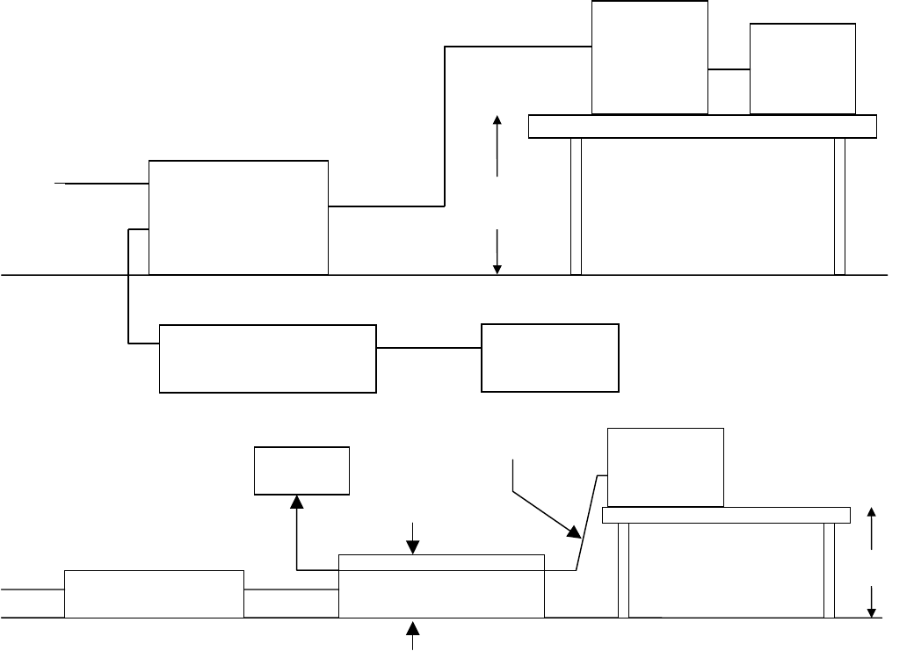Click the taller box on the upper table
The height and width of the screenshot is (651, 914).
click(649, 57)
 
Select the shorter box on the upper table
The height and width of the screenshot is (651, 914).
click(802, 69)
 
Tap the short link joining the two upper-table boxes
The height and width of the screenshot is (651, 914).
click(729, 69)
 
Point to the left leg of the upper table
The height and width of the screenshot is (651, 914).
click(576, 206)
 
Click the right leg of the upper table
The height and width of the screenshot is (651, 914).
click(839, 206)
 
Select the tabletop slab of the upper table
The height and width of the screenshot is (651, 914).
click(702, 127)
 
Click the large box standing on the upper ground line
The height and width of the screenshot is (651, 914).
click(238, 218)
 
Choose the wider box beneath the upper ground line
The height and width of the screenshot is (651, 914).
click(267, 358)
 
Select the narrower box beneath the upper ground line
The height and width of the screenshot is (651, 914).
click(550, 358)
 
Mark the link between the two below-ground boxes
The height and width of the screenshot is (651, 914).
click(429, 348)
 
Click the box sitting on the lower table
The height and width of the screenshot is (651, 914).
click(665, 467)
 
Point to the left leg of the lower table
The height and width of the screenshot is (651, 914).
click(623, 569)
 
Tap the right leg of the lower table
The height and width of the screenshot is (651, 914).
click(829, 569)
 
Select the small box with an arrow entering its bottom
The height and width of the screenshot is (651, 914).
click(301, 470)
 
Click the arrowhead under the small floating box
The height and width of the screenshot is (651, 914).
click(297, 501)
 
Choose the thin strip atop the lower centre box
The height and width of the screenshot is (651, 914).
click(441, 562)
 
